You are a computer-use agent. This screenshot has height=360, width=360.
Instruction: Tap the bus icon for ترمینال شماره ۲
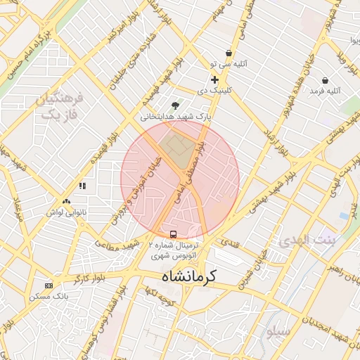[173, 234]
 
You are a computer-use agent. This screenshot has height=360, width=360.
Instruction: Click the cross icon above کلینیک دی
[214, 80]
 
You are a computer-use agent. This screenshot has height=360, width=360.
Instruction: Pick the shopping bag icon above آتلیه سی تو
[229, 53]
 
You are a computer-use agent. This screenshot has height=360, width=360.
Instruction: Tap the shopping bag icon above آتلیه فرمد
[325, 80]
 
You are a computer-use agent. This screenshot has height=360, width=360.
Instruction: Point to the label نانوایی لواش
[66, 211]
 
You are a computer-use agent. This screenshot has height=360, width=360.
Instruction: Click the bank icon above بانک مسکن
[49, 285]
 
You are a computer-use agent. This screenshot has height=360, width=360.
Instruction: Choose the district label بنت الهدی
[309, 240]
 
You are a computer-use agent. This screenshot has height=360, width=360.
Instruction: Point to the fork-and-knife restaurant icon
[82, 186]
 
